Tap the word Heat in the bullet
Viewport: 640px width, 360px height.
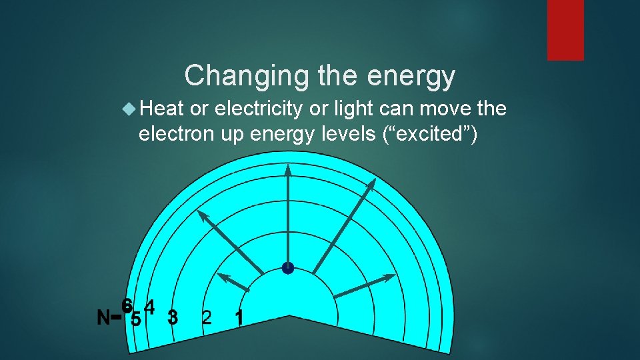point(162,108)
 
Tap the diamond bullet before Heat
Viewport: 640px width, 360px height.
point(129,108)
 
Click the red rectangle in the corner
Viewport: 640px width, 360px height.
point(565,30)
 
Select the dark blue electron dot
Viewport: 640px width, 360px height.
point(287,268)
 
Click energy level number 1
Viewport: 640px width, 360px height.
point(239,318)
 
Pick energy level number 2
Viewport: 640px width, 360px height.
point(207,317)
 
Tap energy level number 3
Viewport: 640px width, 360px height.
point(173,317)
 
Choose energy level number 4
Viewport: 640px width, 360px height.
point(150,307)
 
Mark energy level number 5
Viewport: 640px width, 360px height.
point(136,319)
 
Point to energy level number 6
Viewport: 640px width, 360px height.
point(126,304)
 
